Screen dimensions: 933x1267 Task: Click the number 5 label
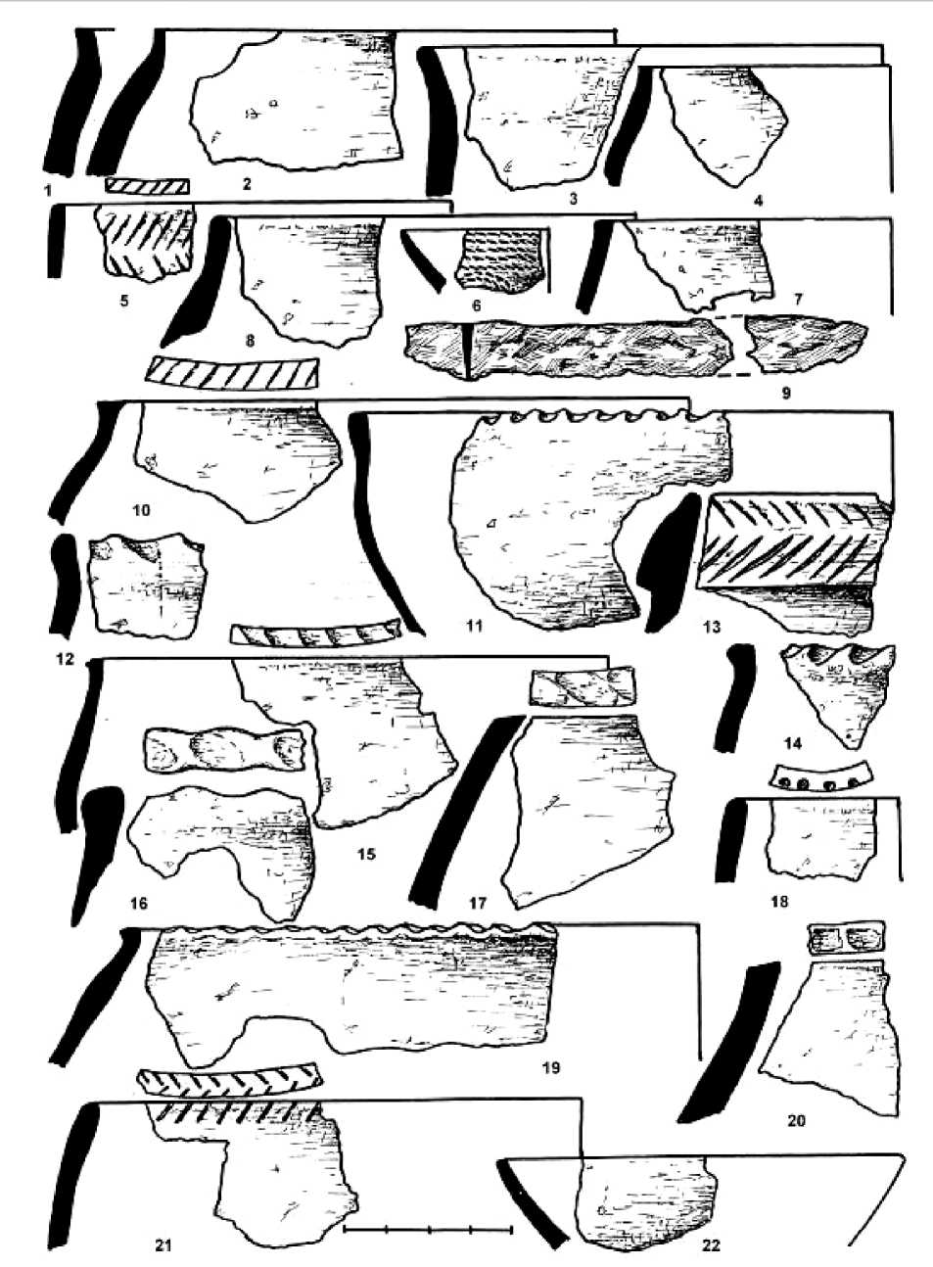124,301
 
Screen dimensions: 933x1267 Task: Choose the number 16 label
139,904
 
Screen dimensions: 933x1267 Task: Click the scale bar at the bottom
428,1228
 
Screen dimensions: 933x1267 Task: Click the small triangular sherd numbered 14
840,690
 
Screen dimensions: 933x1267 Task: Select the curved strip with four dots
819,778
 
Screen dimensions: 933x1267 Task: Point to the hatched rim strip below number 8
233,372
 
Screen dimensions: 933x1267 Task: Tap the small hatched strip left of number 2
147,185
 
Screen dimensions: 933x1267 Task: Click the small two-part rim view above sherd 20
846,937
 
